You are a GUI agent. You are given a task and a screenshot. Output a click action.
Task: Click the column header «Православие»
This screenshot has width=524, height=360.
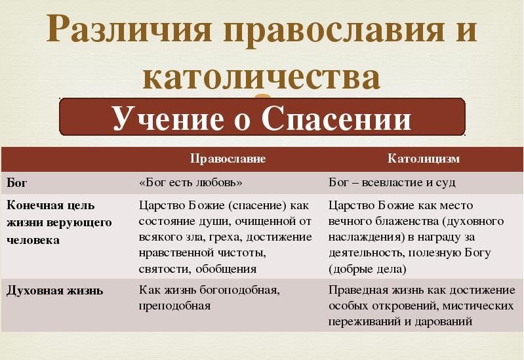tap(228, 159)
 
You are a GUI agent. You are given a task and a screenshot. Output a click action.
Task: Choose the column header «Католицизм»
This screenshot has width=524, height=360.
tap(424, 158)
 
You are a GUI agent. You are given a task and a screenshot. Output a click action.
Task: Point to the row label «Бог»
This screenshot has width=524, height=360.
tap(16, 183)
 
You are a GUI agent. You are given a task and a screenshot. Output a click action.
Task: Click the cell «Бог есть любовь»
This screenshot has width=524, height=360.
tap(191, 182)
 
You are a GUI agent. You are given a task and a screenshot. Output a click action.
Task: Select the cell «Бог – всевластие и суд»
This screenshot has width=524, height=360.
tap(392, 182)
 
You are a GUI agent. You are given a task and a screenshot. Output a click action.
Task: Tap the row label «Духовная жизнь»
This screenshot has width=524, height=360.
tap(55, 290)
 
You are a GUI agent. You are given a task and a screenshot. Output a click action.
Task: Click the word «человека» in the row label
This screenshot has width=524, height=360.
tap(33, 240)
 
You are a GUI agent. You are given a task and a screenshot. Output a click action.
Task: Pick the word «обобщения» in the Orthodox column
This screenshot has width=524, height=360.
tap(226, 270)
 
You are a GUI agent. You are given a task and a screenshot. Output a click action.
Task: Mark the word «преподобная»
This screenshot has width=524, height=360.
tap(174, 306)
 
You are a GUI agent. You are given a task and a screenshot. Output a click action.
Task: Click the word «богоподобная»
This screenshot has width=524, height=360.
tap(239, 290)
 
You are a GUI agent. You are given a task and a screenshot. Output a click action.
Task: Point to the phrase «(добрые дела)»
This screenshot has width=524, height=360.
tap(368, 269)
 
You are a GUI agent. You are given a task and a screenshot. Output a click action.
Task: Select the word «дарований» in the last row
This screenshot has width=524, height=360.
tap(443, 321)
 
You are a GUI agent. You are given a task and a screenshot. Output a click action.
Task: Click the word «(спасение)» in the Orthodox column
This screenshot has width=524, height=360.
tap(257, 205)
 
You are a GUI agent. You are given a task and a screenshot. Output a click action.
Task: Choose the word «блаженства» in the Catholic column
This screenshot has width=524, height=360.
tap(401, 221)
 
